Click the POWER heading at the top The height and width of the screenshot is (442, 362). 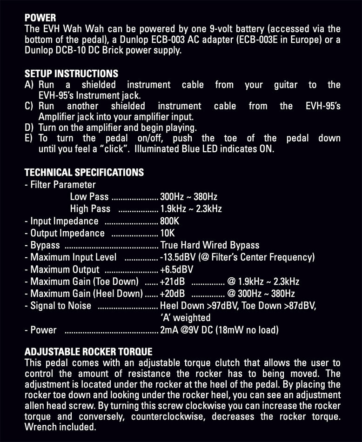tap(40, 18)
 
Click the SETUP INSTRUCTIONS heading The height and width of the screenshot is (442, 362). tap(71, 74)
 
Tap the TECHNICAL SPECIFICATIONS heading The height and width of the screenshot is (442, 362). tap(84, 172)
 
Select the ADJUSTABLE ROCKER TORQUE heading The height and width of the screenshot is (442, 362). tap(88, 351)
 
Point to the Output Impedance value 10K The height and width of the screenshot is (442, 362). tap(168, 233)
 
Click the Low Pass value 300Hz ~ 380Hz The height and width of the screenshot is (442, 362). tap(188, 197)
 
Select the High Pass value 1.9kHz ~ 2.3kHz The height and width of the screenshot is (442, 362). tap(191, 209)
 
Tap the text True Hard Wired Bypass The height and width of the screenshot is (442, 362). tap(210, 245)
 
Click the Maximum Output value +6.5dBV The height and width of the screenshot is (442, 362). tap(176, 269)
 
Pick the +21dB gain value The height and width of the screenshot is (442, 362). tap(172, 281)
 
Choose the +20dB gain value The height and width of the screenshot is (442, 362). tap(172, 294)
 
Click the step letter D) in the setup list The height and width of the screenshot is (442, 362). tap(29, 127)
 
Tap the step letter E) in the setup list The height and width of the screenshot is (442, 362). tap(29, 138)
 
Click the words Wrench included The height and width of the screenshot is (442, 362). tap(60, 427)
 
